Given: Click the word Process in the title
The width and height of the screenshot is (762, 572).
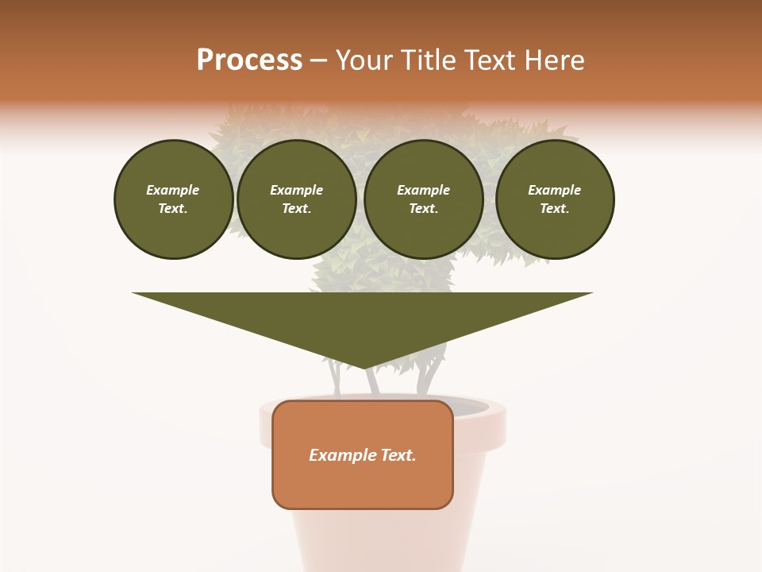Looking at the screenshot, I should pyautogui.click(x=249, y=60).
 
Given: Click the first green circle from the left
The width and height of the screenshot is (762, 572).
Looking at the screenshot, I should pyautogui.click(x=173, y=199).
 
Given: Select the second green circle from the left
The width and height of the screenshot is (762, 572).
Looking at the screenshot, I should pyautogui.click(x=296, y=199).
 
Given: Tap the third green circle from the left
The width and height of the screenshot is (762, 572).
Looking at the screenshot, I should pyautogui.click(x=423, y=199).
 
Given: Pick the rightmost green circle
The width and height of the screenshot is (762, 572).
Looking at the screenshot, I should pyautogui.click(x=554, y=199).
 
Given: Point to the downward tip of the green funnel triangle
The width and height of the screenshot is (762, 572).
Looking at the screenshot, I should pyautogui.click(x=364, y=366).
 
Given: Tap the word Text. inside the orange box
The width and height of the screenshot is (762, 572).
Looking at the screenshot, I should pyautogui.click(x=399, y=455).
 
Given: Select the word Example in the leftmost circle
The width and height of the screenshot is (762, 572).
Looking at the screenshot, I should pyautogui.click(x=173, y=190).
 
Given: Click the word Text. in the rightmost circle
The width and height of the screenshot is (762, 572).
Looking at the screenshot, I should pyautogui.click(x=554, y=208).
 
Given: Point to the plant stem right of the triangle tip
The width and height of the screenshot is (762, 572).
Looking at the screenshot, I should pyautogui.click(x=429, y=377).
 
